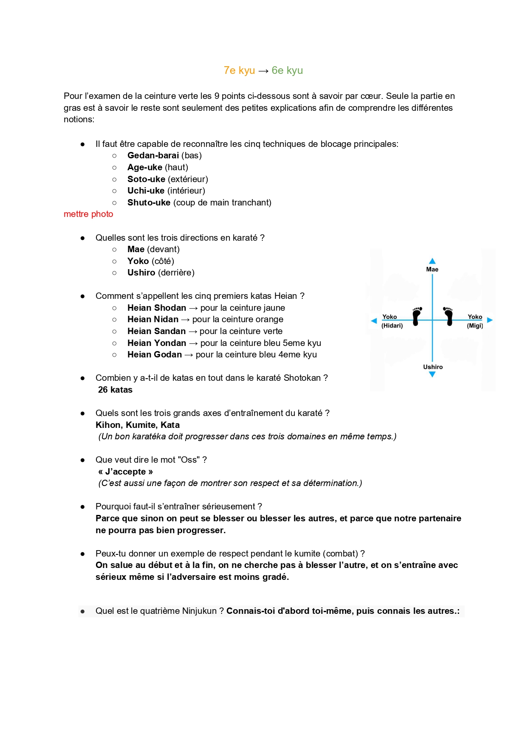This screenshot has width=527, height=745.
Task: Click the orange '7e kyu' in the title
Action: coord(239,70)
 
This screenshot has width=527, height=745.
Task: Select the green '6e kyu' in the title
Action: coord(287,70)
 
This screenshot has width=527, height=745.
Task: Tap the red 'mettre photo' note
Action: coord(88,214)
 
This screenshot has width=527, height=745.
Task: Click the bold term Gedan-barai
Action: coord(153,155)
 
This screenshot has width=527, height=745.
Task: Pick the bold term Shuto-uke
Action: coord(149,202)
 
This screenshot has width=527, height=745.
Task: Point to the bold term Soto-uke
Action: coord(146,179)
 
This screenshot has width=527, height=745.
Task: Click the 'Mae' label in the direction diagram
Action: coord(432,269)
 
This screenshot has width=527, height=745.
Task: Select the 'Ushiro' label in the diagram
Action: coord(433,367)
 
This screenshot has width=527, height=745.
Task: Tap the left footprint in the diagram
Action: coord(417,316)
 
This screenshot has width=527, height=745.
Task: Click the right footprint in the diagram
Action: coord(448,316)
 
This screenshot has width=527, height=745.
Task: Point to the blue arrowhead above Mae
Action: coord(432,261)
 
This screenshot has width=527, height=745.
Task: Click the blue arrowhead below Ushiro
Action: coord(432,374)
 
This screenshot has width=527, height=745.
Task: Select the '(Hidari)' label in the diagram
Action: coord(392,326)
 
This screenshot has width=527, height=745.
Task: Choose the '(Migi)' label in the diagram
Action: coord(475,326)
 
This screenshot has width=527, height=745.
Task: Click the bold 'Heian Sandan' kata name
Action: coord(156,331)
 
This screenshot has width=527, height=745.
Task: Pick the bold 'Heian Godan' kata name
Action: coord(155,354)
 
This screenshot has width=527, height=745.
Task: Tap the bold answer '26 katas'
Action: coord(115,390)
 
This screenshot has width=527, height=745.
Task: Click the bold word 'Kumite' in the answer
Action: coord(141,425)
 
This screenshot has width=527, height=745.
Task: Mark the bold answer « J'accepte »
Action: coord(125,472)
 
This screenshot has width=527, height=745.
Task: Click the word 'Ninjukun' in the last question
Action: coord(199,611)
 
